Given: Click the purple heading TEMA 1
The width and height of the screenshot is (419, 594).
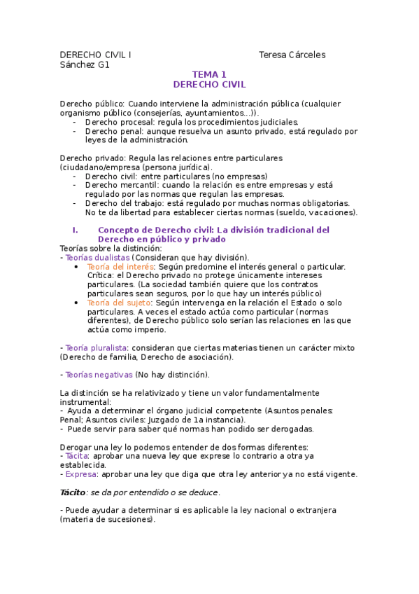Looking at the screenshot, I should [x=210, y=74].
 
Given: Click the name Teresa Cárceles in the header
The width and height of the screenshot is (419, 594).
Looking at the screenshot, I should [x=292, y=55].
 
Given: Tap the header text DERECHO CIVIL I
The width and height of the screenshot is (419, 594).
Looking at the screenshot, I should [x=95, y=55].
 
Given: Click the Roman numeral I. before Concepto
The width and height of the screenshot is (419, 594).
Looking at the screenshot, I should [x=75, y=230].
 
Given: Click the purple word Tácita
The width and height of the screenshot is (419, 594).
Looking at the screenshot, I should [x=76, y=456].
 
